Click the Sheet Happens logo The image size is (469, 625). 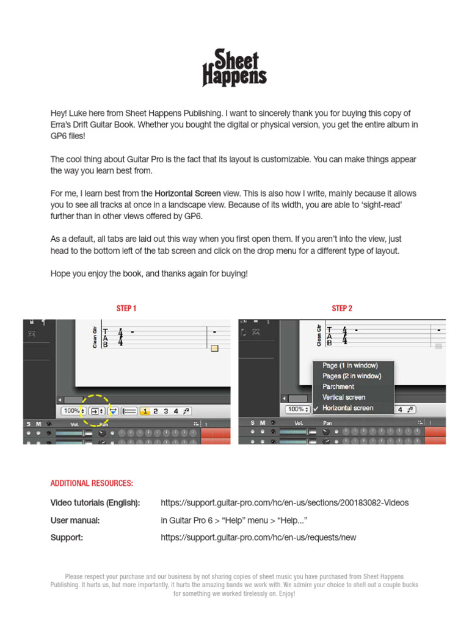(234, 68)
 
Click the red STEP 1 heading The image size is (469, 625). (126, 308)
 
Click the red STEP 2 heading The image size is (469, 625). (342, 308)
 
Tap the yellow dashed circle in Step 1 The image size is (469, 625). (96, 411)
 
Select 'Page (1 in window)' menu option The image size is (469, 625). (350, 366)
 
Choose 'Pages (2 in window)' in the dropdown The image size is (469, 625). (352, 376)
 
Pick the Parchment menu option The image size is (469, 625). (338, 386)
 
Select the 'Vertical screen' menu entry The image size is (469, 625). (344, 397)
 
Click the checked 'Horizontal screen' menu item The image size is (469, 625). (348, 408)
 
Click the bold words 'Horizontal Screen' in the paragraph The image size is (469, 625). (187, 193)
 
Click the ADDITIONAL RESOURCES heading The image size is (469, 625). (92, 483)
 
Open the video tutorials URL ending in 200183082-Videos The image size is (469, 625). (285, 503)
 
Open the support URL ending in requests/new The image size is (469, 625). (258, 538)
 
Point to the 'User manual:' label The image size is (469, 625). (75, 521)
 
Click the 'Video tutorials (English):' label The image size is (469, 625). (95, 503)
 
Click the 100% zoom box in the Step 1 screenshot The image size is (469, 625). (73, 411)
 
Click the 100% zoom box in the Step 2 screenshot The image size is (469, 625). (297, 410)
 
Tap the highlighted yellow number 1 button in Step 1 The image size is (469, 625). (145, 411)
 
